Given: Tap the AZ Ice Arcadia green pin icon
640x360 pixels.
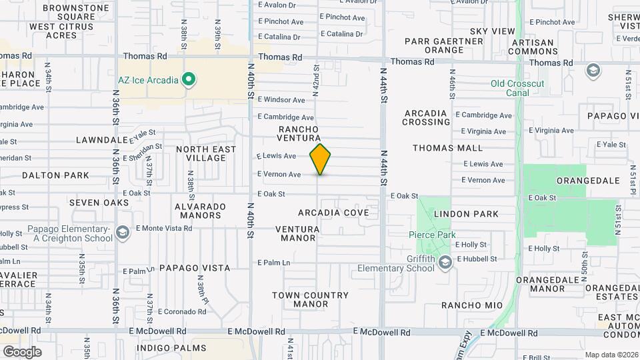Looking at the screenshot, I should (189, 81).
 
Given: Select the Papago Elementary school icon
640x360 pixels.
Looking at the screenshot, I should (122, 233).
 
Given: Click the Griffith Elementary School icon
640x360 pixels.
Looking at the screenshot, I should (445, 263).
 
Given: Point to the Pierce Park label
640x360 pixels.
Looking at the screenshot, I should (433, 235).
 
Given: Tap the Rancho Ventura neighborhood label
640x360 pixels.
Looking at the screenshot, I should (299, 133).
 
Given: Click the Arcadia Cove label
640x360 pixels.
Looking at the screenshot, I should (333, 213).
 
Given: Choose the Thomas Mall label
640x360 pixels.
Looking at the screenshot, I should (447, 148).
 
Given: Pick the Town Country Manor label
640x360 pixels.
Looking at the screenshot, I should (310, 299).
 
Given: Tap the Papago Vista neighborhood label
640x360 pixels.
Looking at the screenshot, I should (194, 268).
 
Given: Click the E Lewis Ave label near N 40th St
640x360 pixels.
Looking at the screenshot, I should (277, 156).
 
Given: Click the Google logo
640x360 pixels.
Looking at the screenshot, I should (22, 351).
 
